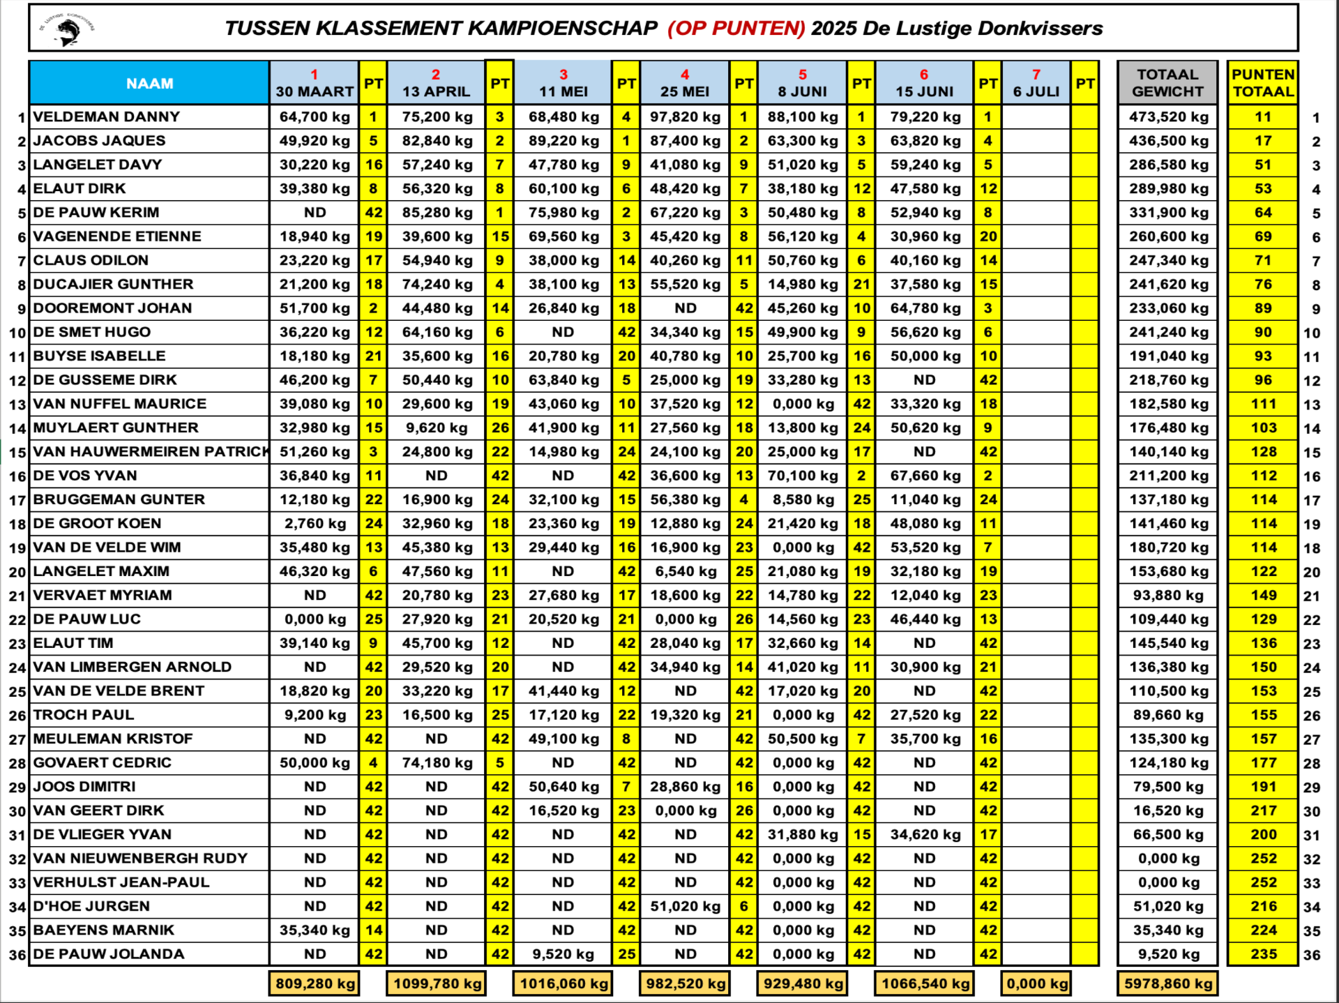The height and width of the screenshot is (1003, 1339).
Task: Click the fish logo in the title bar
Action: [x=68, y=29]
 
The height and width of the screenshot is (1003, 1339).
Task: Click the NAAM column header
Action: [x=149, y=84]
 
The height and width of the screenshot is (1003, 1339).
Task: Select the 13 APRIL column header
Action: [x=436, y=84]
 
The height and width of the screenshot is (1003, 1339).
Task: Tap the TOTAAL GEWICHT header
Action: [x=1167, y=84]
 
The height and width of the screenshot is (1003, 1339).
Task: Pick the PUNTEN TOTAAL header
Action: [x=1262, y=84]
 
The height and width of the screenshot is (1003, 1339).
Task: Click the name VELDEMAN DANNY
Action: [x=106, y=117]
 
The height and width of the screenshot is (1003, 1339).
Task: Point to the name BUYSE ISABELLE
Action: [x=99, y=356]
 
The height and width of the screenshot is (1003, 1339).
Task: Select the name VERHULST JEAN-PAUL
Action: [x=121, y=882]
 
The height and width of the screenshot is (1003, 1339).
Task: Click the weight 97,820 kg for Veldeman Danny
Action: [x=685, y=117]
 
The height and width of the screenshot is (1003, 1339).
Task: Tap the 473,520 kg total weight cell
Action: [x=1168, y=117]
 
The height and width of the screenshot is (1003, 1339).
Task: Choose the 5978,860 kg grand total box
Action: [x=1168, y=983]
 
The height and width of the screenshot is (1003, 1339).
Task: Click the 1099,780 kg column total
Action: [x=437, y=983]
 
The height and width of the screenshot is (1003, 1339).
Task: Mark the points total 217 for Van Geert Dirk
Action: [x=1263, y=810]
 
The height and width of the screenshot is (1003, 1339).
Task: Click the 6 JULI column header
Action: [x=1036, y=84]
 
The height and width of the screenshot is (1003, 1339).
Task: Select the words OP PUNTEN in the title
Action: [x=736, y=29]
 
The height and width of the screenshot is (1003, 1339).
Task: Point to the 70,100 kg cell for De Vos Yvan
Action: [x=802, y=476]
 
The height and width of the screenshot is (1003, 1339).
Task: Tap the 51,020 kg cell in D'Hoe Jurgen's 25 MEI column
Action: [x=685, y=906]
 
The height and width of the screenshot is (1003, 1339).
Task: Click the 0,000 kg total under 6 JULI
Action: [x=1036, y=983]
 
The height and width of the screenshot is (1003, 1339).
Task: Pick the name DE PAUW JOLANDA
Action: [x=108, y=954]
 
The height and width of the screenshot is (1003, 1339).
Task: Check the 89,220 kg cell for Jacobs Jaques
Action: [x=563, y=141]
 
